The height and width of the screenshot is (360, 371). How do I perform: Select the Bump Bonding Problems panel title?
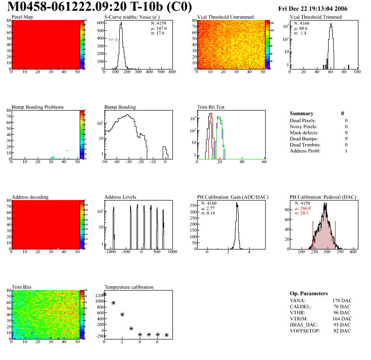[38, 107]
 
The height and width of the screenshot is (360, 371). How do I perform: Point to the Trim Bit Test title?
[211, 107]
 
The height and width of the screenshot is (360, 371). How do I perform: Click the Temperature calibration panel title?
[129, 287]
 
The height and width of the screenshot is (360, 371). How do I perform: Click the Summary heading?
[302, 113]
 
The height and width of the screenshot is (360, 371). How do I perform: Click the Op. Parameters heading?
[309, 293]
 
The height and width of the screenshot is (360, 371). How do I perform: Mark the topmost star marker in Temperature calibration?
[104, 294]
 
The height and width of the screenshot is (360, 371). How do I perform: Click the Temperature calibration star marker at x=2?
[122, 315]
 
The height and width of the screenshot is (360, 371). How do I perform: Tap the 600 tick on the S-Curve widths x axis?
[172, 72]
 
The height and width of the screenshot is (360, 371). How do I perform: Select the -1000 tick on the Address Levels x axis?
[110, 252]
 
